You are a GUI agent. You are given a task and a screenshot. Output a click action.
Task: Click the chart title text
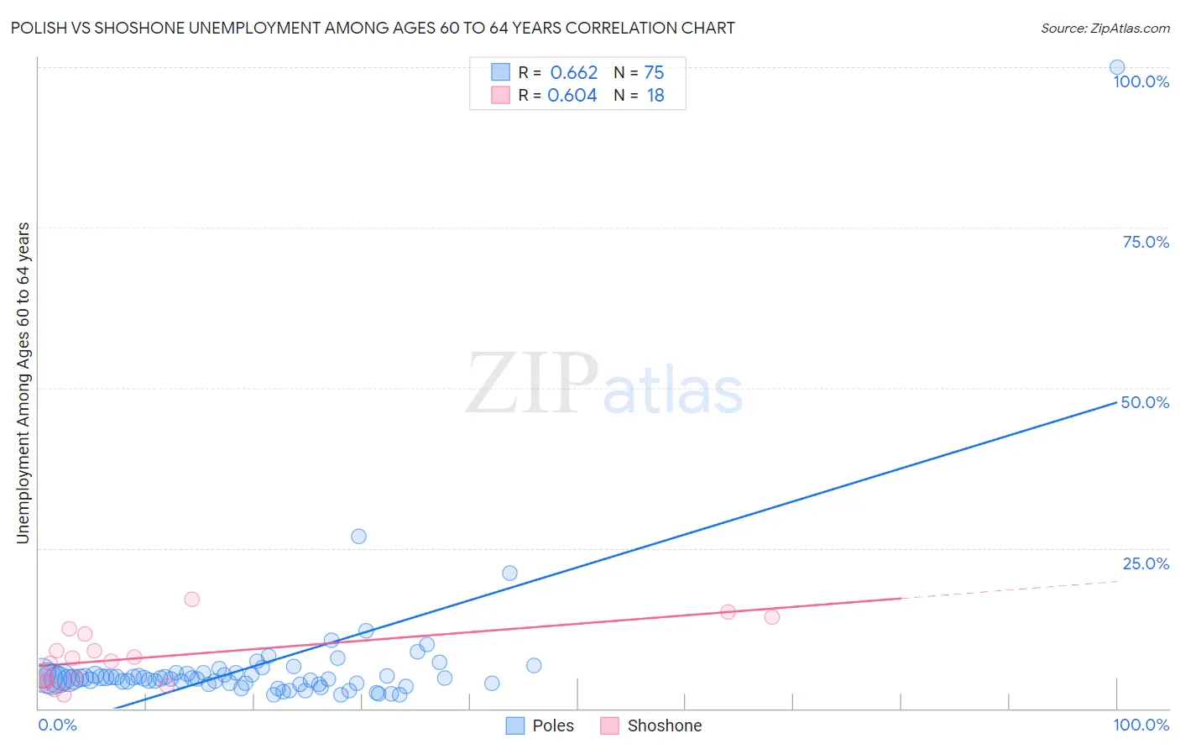373,28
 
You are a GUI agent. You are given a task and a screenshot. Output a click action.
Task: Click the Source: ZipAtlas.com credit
1104,28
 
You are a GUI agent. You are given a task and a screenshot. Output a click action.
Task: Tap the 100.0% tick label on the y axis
1141,81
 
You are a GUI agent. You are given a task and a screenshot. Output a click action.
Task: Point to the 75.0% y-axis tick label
1145,242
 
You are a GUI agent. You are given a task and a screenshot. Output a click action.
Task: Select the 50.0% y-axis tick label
1145,402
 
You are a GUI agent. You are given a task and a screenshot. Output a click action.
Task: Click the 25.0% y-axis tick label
1145,563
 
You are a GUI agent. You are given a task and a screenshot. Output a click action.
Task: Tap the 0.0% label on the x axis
57,725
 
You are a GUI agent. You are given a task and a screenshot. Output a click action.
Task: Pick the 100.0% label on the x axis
1141,725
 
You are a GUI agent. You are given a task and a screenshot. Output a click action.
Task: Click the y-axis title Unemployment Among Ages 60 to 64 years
23,383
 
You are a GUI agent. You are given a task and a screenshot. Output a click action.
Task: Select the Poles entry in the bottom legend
552,725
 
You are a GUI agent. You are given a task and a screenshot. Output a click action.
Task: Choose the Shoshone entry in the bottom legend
664,725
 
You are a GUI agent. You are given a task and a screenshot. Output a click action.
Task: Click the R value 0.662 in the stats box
574,73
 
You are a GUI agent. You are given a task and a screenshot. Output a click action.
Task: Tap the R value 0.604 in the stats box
572,96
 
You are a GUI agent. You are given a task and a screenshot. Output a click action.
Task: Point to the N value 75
654,73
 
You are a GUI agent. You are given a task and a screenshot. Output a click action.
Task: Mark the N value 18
655,96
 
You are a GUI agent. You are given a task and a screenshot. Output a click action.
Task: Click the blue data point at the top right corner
1117,67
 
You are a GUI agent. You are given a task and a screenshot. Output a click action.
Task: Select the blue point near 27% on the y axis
358,537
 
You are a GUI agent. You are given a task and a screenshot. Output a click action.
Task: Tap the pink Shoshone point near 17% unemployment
191,600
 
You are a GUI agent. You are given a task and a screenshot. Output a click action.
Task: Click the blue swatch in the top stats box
500,72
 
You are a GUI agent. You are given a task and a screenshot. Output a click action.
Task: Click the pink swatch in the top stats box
500,95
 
